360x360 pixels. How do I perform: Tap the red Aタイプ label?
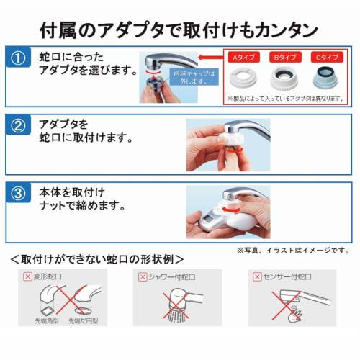tap(241, 55)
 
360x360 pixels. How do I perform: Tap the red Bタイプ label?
tap(284, 55)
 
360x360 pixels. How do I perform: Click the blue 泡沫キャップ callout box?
tap(193, 78)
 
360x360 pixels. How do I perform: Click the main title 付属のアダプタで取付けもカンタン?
tap(179, 30)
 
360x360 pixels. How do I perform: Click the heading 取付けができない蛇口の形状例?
tap(97, 258)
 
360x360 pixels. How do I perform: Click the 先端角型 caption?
tap(45, 321)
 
